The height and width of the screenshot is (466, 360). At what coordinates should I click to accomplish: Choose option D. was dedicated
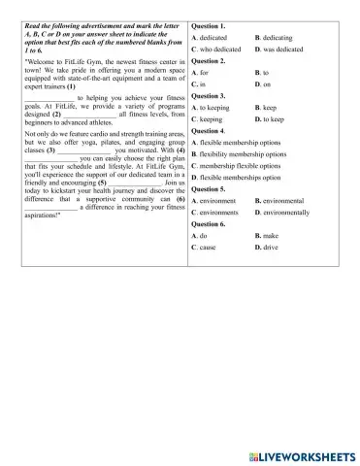pos(282,48)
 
